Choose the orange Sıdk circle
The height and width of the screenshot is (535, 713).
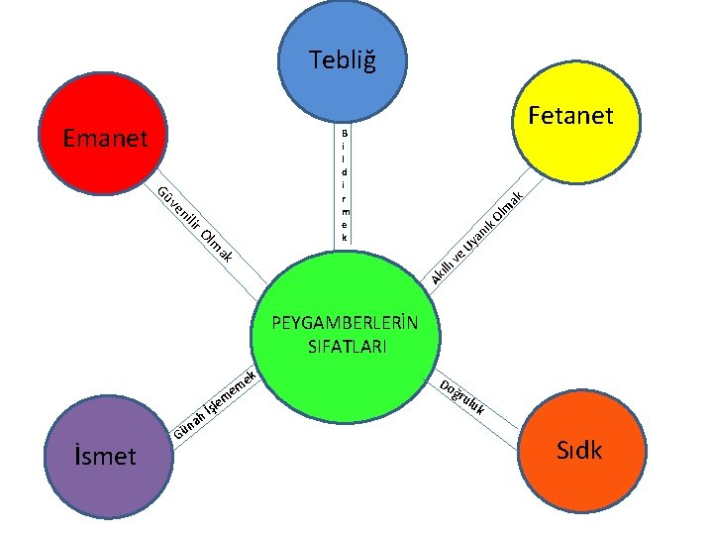[x=577, y=453]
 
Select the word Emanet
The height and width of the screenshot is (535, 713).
[x=103, y=138]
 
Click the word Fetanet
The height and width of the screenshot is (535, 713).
[x=570, y=116]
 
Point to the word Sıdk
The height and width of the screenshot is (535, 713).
[x=578, y=451]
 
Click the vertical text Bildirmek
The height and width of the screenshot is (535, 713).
[x=344, y=185]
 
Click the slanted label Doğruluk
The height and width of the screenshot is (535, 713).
[x=462, y=396]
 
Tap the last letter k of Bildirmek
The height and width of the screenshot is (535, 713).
[x=344, y=238]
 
